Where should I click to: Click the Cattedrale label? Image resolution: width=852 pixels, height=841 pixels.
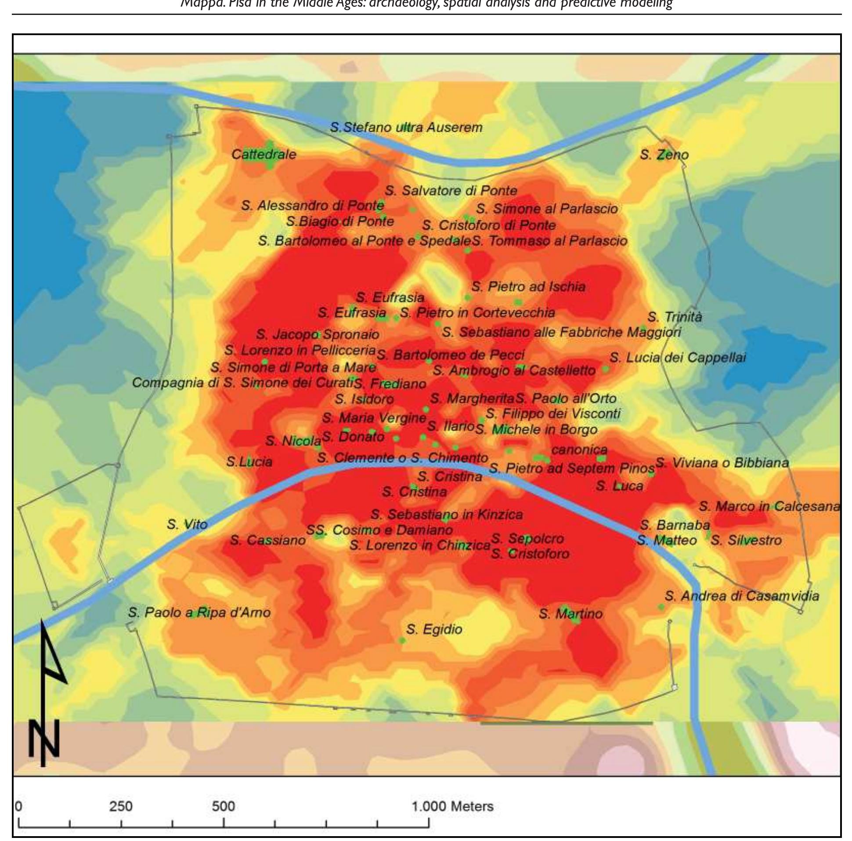pyautogui.click(x=264, y=155)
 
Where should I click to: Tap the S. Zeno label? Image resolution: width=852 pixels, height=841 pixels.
pyautogui.click(x=664, y=155)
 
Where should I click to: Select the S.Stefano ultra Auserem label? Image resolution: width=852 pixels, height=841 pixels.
pyautogui.click(x=406, y=127)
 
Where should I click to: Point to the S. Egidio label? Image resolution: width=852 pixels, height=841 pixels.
pyautogui.click(x=434, y=629)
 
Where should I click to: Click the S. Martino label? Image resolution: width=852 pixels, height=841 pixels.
pyautogui.click(x=570, y=614)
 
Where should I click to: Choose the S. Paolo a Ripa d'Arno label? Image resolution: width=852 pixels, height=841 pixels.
pyautogui.click(x=199, y=613)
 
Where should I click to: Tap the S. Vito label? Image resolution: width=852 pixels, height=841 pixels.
pyautogui.click(x=187, y=525)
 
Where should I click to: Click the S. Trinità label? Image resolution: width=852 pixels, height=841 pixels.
pyautogui.click(x=674, y=317)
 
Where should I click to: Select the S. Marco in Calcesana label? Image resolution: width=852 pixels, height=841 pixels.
pyautogui.click(x=769, y=507)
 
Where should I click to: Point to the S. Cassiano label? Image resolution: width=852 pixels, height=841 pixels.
pyautogui.click(x=268, y=540)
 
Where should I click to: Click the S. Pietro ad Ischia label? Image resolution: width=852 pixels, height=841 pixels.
pyautogui.click(x=528, y=287)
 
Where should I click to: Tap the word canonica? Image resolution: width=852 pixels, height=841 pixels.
pyautogui.click(x=579, y=449)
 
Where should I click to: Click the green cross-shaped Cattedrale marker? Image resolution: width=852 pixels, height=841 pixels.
pyautogui.click(x=270, y=154)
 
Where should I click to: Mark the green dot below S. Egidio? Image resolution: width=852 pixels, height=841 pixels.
pyautogui.click(x=402, y=640)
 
